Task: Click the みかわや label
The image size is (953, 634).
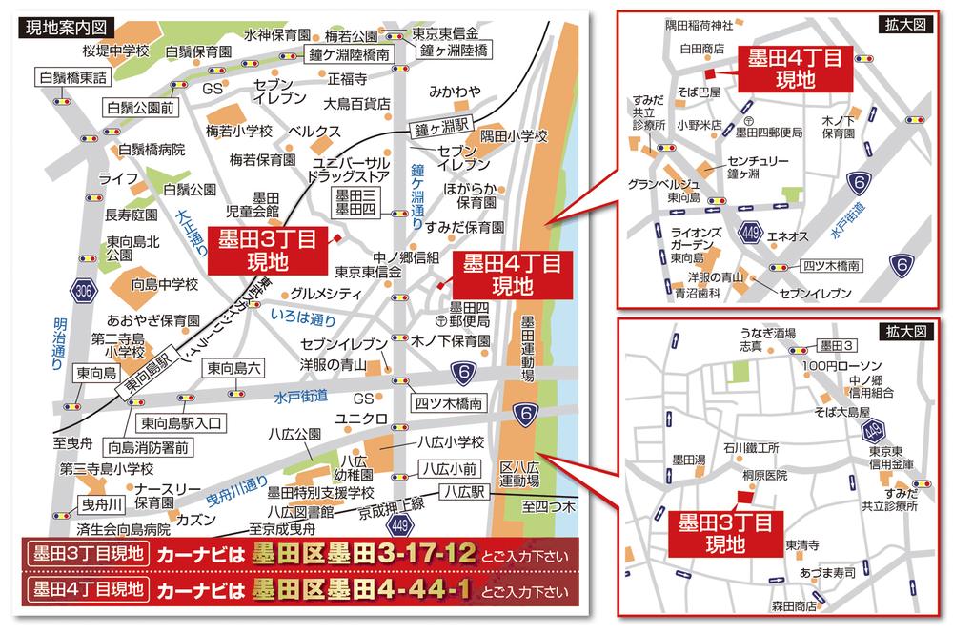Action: click(450, 92)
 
